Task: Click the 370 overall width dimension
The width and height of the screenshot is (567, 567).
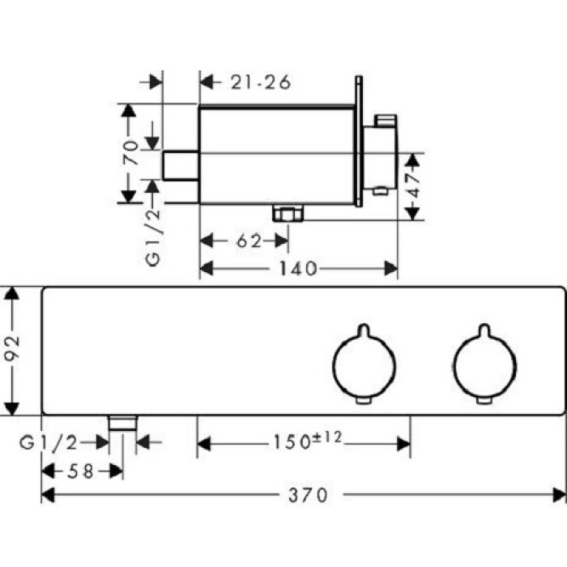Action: [308, 495]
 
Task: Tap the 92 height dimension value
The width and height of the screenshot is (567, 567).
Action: [11, 348]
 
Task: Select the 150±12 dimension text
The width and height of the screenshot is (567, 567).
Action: [307, 441]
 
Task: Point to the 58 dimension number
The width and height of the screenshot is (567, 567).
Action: [81, 471]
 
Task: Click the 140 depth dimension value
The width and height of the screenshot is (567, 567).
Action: [298, 268]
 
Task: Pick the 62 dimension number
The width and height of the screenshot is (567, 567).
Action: [249, 241]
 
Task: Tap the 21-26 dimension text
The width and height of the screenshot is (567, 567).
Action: [261, 82]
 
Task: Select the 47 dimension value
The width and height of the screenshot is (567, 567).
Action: [415, 186]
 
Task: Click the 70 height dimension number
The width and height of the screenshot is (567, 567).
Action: [130, 152]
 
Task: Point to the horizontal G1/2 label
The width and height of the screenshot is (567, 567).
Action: [49, 442]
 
